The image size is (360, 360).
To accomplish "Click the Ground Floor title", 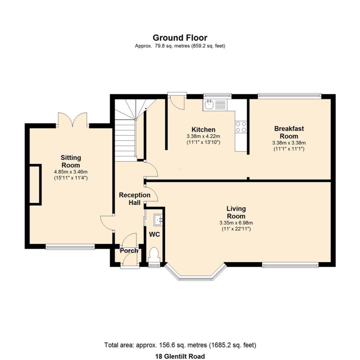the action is click(180, 38).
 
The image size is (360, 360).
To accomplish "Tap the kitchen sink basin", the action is click(208, 105).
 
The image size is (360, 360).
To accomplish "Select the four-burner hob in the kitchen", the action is click(241, 127).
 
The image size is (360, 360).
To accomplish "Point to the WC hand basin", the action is click(158, 220).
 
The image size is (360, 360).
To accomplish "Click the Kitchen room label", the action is click(203, 130).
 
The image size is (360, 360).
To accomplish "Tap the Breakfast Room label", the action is click(289, 132).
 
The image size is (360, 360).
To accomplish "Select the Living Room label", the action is click(236, 212).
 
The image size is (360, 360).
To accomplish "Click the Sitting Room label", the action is click(71, 161).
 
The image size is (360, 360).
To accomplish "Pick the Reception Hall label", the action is click(134, 199).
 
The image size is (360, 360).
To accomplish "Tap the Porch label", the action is click(129, 251).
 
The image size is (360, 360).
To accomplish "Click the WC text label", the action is click(154, 235).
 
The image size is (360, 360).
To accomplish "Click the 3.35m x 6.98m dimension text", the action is click(236, 223).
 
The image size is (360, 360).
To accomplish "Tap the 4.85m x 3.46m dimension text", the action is click(71, 172).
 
